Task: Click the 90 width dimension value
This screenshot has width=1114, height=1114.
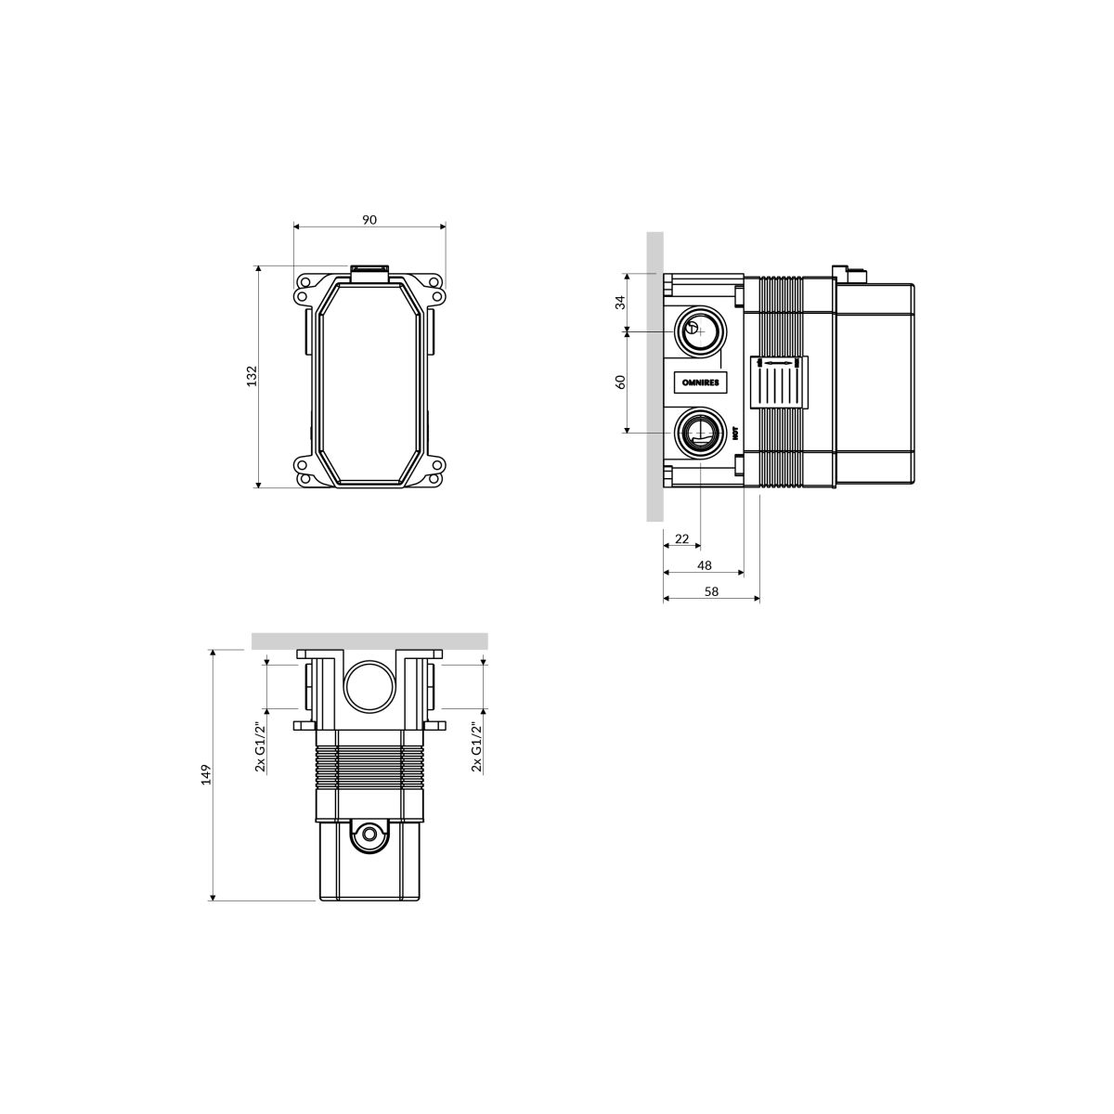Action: click(369, 220)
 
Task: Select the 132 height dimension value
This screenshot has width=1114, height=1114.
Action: click(252, 376)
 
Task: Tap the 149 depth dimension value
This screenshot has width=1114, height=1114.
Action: click(206, 774)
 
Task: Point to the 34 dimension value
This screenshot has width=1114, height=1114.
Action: click(620, 303)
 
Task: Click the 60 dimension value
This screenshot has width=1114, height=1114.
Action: click(620, 382)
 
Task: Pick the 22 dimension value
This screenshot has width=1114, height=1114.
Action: click(681, 538)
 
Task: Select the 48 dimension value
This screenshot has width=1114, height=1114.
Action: click(704, 565)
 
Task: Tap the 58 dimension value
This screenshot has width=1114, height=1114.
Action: click(712, 591)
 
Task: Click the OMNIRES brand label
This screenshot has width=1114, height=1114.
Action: click(701, 382)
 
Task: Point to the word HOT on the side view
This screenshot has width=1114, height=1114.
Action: click(735, 433)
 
